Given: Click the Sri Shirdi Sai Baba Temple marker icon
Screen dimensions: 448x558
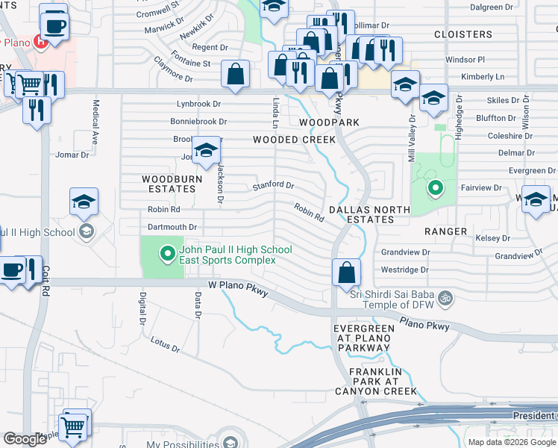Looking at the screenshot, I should click(445, 298).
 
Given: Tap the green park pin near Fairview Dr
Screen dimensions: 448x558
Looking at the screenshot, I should click(433, 189).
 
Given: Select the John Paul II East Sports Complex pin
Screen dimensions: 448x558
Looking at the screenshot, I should click(166, 255).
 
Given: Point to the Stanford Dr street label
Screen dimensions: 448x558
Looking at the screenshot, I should click(274, 185).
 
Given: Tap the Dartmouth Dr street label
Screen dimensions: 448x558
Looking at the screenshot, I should click(172, 227).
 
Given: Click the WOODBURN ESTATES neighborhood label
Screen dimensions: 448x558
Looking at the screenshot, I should click(169, 184).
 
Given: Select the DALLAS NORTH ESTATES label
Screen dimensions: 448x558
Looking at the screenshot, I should click(371, 215).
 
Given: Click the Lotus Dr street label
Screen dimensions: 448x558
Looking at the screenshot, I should click(165, 344).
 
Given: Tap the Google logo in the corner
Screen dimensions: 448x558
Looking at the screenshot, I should click(25, 439).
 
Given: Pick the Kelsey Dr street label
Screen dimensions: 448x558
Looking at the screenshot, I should click(492, 238).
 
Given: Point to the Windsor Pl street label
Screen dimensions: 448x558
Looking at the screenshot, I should click(465, 59).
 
